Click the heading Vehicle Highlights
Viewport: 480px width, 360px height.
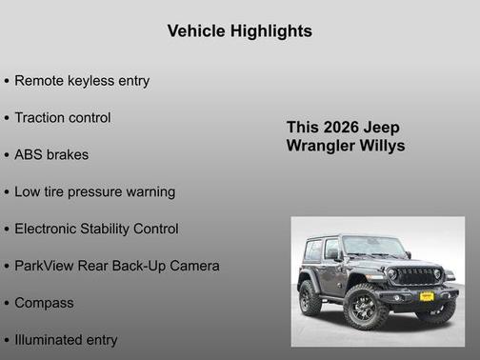click(x=239, y=31)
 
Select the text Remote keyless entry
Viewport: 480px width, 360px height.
click(x=82, y=81)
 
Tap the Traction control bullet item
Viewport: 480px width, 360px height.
click(x=63, y=118)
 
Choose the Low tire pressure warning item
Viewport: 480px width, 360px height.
click(x=94, y=192)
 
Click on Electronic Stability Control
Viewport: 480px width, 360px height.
click(x=96, y=230)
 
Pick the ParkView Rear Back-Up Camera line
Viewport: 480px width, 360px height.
click(x=116, y=266)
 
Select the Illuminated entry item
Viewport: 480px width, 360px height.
click(x=66, y=340)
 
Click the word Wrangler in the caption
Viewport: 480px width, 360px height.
click(x=321, y=146)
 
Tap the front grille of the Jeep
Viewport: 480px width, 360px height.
click(x=416, y=275)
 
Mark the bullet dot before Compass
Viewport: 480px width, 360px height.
click(x=7, y=304)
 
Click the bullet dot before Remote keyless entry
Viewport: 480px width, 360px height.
click(x=7, y=82)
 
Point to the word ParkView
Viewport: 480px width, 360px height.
click(x=47, y=266)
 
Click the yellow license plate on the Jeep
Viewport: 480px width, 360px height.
click(x=426, y=296)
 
